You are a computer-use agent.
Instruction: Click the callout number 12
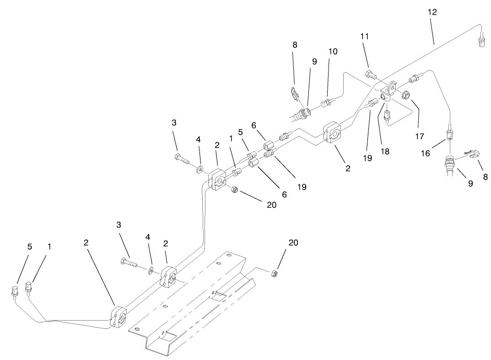[432, 12]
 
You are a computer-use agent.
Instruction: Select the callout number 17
[420, 136]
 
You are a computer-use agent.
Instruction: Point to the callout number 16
[426, 153]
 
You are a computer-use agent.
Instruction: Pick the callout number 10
[333, 51]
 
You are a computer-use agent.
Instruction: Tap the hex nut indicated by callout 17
[405, 96]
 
